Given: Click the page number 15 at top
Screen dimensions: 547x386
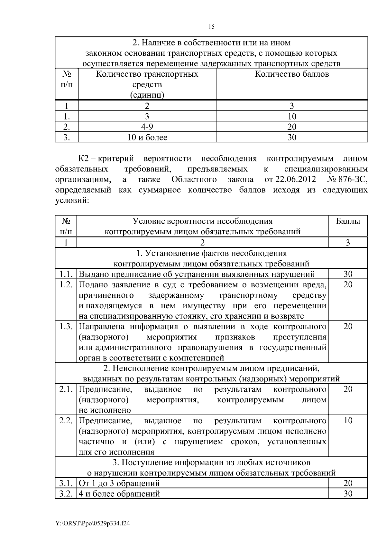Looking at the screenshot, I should coord(211,27).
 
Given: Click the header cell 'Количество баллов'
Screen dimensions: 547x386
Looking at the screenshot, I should coord(292,74).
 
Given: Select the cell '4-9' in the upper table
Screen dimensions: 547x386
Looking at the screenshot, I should coord(147,127).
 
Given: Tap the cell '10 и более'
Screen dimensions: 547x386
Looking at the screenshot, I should coord(147,138).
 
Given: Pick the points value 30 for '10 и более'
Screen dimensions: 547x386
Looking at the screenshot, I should coord(292,138).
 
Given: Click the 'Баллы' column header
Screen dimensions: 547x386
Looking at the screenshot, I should coord(348,221).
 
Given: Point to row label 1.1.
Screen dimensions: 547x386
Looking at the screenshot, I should coord(66,274).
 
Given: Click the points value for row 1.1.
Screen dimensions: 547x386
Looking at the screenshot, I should coord(348,274).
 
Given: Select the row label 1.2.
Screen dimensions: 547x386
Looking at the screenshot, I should coord(66,285).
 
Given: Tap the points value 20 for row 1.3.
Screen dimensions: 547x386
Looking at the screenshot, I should coord(348,327).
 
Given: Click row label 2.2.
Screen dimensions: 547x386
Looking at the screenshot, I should coord(66,421).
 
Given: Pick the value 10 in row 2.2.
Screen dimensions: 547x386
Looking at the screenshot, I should coord(348,421).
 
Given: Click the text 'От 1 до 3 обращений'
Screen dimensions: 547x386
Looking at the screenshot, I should coord(119,484).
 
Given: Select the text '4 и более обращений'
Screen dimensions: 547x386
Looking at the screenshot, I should coord(119,494).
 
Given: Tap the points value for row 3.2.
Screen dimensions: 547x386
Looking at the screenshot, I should coord(348,494).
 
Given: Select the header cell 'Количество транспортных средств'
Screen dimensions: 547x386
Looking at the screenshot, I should coord(147,84).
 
